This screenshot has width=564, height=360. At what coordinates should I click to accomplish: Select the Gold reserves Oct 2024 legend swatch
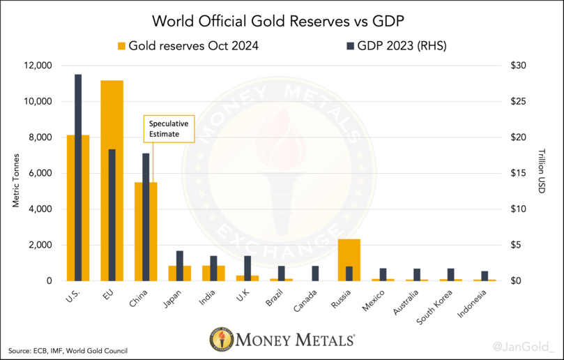122,46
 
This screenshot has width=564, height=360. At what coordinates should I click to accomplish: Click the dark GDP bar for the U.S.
78,177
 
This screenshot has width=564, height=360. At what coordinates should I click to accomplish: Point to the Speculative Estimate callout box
169,129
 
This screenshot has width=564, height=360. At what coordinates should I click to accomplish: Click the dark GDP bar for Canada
316,273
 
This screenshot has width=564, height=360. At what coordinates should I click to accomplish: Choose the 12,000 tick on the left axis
38,66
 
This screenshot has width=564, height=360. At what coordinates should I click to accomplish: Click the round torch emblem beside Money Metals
222,340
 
